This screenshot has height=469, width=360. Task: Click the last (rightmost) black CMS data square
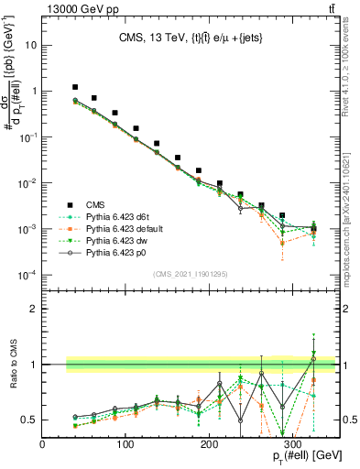coord(313,228)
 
